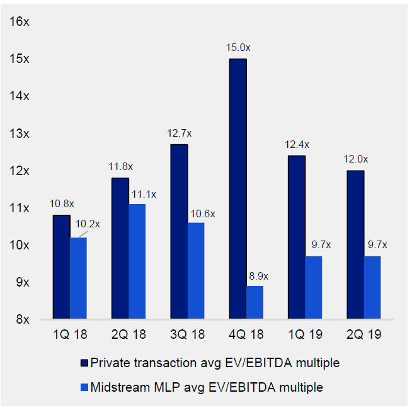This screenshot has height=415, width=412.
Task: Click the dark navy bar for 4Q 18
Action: pyautogui.click(x=237, y=189)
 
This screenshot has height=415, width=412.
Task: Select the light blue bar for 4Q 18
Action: pyautogui.click(x=255, y=302)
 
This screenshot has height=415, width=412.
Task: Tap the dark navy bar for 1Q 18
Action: pyautogui.click(x=61, y=267)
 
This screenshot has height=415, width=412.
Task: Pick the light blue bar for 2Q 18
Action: pyautogui.click(x=137, y=261)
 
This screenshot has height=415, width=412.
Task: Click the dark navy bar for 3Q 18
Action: pyautogui.click(x=179, y=232)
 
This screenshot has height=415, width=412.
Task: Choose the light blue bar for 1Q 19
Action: pyautogui.click(x=314, y=287)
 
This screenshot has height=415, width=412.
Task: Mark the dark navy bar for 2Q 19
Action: pyautogui.click(x=355, y=245)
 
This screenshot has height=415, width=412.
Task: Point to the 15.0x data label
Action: pyautogui.click(x=238, y=48)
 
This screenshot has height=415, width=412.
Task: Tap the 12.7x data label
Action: pyautogui.click(x=180, y=134)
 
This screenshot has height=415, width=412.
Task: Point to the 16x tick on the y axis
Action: pyautogui.click(x=20, y=22)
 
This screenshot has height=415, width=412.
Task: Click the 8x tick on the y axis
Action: pyautogui.click(x=23, y=319)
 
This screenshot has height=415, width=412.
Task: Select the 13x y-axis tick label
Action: pyautogui.click(x=20, y=134)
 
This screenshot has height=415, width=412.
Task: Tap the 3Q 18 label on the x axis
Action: pyautogui.click(x=187, y=338)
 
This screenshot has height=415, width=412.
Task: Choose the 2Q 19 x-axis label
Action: pyautogui.click(x=363, y=338)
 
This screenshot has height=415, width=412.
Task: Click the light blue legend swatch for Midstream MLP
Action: pyautogui.click(x=84, y=387)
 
